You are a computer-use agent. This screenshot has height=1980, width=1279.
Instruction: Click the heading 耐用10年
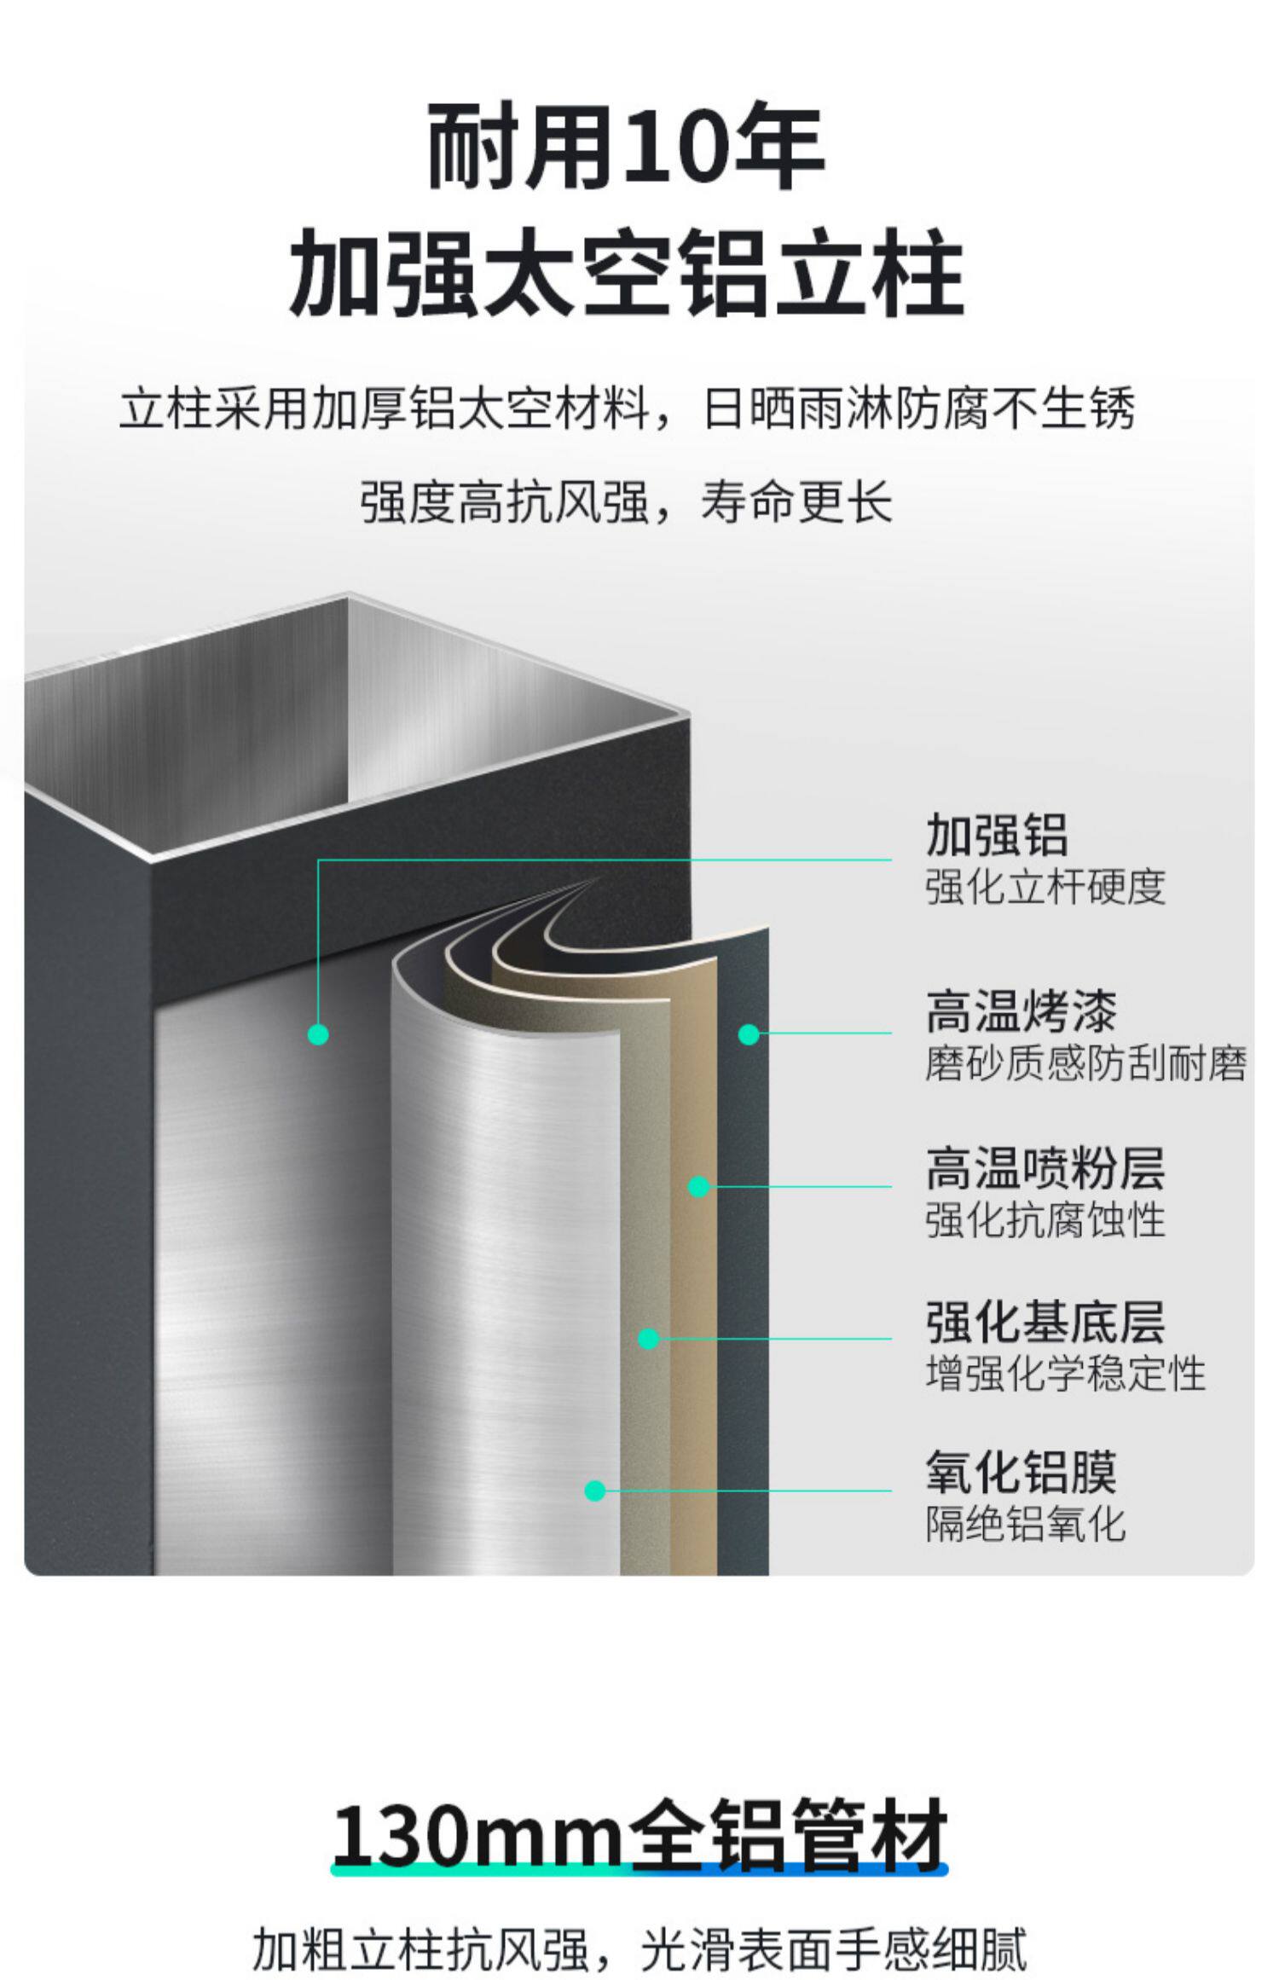click(625, 146)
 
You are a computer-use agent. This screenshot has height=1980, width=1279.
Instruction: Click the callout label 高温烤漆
click(1021, 1011)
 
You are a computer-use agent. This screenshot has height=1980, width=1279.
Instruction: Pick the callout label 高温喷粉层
click(1045, 1167)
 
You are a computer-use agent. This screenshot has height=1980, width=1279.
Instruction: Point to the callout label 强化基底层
click(1045, 1322)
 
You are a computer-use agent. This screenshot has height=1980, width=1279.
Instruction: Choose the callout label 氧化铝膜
click(1021, 1473)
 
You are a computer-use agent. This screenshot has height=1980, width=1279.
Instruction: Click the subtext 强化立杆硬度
click(1045, 887)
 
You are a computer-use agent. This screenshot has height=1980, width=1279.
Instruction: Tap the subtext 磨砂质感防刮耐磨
click(1085, 1063)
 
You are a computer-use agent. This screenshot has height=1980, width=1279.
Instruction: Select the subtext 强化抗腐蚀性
click(1045, 1219)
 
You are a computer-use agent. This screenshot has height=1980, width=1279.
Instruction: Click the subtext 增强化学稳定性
click(1065, 1373)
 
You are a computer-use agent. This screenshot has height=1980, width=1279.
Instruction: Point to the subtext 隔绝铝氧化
click(1025, 1524)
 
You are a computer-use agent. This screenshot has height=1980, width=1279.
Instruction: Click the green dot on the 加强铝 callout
click(318, 1034)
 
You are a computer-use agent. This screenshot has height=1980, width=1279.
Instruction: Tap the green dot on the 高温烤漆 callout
click(749, 1034)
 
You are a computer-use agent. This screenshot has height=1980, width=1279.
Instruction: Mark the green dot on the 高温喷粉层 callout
click(699, 1186)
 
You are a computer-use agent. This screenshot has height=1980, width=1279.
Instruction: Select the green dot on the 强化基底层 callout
click(649, 1339)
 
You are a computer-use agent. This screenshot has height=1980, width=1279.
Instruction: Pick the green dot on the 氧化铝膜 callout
click(595, 1491)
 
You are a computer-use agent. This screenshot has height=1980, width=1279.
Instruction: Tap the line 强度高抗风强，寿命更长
click(625, 501)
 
